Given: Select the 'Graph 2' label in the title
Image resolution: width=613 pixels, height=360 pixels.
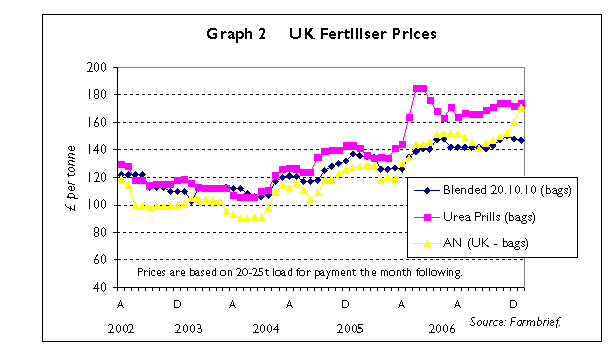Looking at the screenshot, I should [236, 34].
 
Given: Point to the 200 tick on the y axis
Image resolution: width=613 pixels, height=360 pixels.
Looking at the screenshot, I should [98, 67].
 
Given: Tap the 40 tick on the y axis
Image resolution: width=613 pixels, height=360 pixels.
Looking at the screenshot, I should [101, 287].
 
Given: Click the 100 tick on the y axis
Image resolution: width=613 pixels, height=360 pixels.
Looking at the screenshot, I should [98, 205].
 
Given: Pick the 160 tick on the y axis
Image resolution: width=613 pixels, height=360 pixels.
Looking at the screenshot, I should [98, 122].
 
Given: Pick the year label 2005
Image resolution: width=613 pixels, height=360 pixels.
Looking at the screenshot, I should [349, 328].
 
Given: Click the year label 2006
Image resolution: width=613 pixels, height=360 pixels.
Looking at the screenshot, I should [441, 328].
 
